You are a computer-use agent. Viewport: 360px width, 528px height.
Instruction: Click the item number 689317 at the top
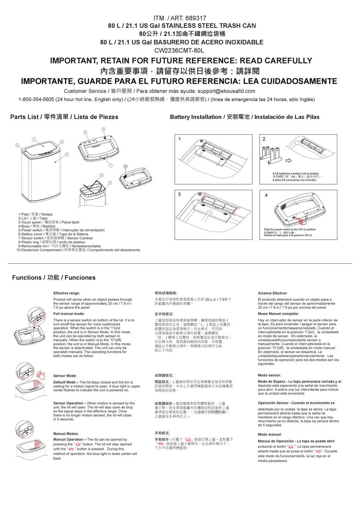(196, 18)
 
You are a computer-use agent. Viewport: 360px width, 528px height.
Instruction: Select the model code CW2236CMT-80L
(179, 50)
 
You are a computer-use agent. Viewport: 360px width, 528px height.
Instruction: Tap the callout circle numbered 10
(125, 167)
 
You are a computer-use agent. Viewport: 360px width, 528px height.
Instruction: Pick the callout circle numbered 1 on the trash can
(34, 139)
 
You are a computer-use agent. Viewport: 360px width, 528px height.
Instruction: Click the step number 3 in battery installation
(180, 194)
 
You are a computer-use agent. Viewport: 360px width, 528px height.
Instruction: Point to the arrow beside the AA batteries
(289, 160)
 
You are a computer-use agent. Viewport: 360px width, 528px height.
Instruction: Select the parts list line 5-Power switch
(61, 230)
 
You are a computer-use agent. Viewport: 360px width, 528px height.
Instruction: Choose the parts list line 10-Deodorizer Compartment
(78, 250)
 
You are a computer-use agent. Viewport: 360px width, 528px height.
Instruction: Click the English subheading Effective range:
(67, 293)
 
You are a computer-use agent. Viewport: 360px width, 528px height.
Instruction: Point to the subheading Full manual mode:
(69, 314)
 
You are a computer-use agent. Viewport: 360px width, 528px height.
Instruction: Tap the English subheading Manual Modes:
(66, 434)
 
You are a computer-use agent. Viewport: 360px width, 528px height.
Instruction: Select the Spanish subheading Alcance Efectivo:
(272, 293)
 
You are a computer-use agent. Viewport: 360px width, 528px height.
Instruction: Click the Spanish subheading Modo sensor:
(269, 375)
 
